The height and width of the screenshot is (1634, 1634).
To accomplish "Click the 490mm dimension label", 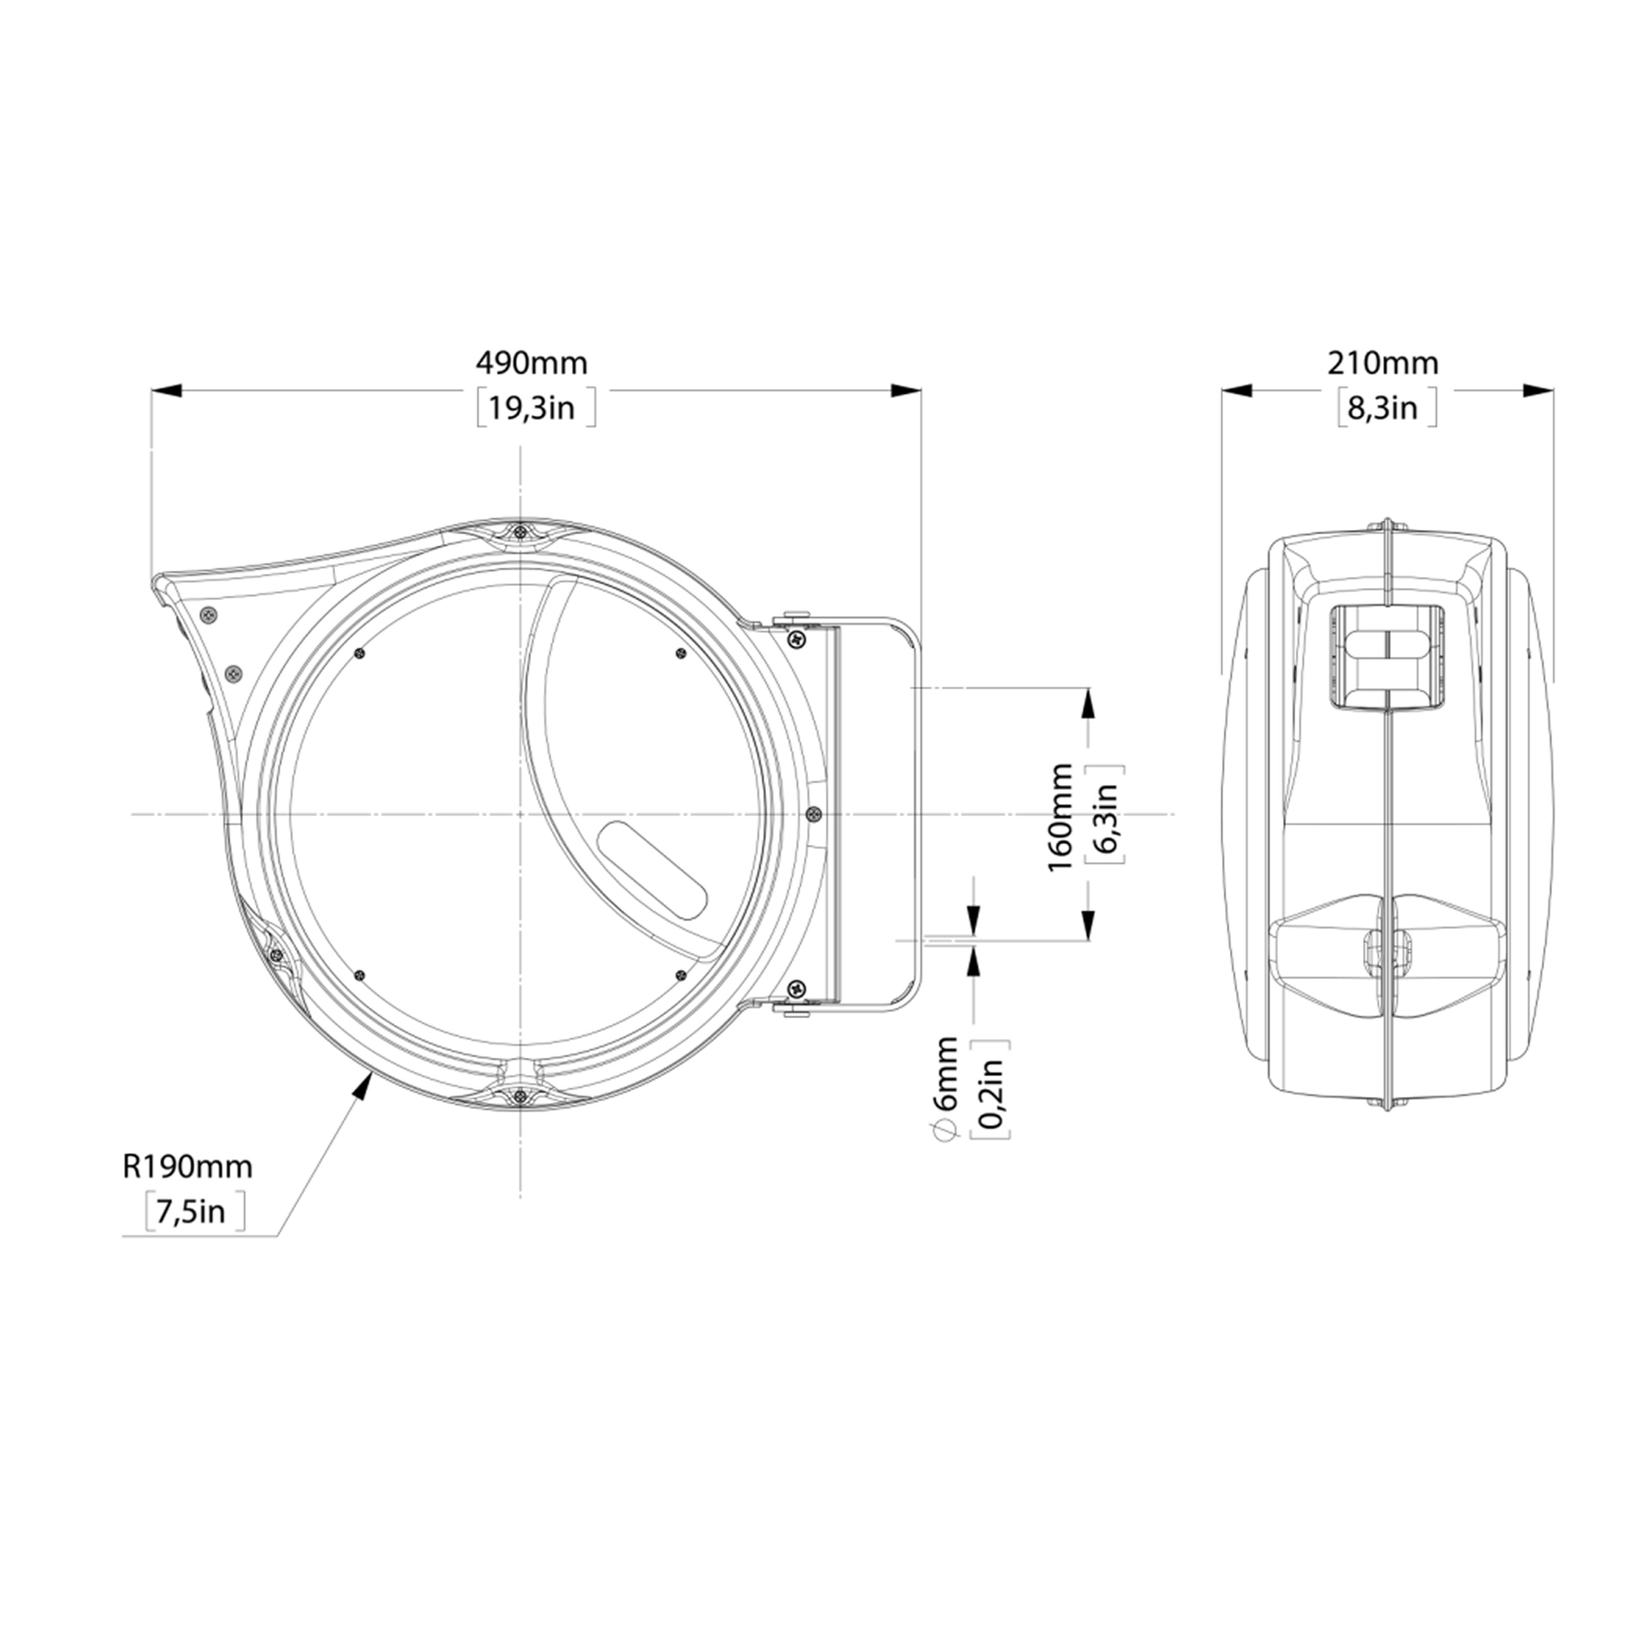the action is [531, 363].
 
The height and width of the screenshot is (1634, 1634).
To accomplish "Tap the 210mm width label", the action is [1383, 363].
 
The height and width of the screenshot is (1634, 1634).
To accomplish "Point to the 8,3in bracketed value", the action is [1383, 408].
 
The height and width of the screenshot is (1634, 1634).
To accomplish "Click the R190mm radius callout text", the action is [188, 1166].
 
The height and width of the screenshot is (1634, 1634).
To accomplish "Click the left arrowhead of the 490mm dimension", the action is [166, 390].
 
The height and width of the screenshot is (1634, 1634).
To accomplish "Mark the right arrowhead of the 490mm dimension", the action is [906, 390].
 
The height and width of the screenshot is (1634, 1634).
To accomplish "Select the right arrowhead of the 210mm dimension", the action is [1539, 390].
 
